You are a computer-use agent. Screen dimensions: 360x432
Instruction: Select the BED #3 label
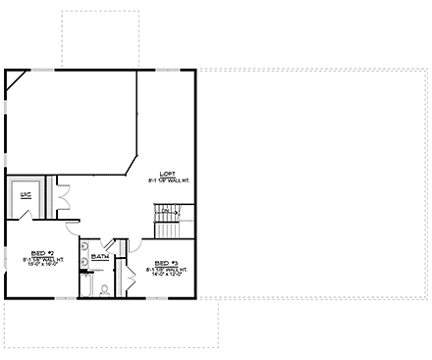[x=167, y=262]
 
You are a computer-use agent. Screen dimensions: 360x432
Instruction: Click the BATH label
[x=100, y=257]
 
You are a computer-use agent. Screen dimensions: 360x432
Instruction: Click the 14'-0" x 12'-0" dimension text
[x=167, y=274]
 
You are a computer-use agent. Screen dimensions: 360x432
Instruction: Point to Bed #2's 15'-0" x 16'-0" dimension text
[x=41, y=263]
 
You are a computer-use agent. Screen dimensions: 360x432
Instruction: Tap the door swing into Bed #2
[x=72, y=227]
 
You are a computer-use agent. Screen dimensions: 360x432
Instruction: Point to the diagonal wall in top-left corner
[x=17, y=84]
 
